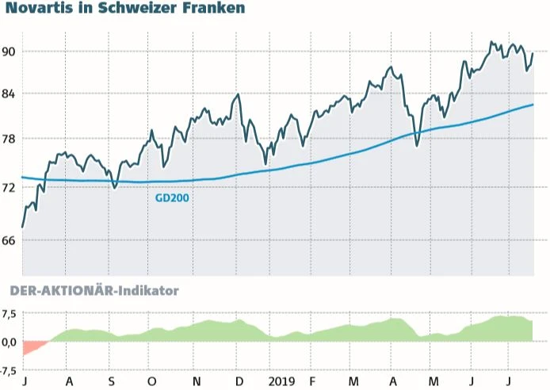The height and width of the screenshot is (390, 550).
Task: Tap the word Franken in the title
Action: [x=214, y=9]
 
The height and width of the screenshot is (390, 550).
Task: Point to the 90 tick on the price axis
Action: [x=10, y=52]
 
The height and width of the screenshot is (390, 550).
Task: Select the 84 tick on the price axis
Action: [x=10, y=94]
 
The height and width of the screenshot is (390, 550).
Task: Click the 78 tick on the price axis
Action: [x=10, y=140]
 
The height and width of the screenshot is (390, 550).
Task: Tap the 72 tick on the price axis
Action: [x=10, y=188]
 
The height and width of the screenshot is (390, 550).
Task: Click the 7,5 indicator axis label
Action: [x=10, y=313]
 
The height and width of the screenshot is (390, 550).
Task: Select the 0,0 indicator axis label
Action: [x=10, y=342]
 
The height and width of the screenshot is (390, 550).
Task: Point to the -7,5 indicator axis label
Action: [x=10, y=370]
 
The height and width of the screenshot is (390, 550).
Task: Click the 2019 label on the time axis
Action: [x=281, y=381]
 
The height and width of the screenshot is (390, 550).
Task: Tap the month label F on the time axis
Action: [x=312, y=381]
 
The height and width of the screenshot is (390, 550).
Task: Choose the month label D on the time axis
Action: [x=239, y=381]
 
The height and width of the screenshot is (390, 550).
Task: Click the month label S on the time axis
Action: [x=112, y=381]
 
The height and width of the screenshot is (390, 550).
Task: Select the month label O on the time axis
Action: [x=152, y=381]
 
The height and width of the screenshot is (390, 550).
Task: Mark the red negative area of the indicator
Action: [x=32, y=346]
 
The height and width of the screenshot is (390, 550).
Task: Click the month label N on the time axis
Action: [x=196, y=381]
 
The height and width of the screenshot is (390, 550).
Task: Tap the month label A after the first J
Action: [x=69, y=381]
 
